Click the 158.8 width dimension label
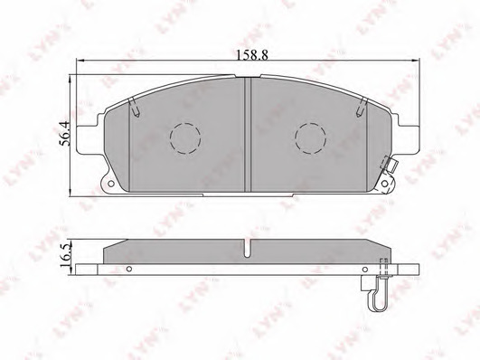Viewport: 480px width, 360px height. pos(252,55)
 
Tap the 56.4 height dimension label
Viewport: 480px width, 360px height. pos(65,133)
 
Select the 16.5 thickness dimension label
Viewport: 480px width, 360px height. pos(65,256)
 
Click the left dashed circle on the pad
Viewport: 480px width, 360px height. pos(185,138)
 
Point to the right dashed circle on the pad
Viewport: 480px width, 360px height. pos(310,138)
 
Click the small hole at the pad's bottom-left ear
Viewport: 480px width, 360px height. pos(111,184)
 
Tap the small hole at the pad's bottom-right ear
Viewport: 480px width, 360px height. pos(384,184)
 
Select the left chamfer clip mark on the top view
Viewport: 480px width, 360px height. pos(135,108)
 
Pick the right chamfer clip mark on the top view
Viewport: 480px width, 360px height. pos(362,108)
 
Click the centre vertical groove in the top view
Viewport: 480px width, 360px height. pos(248,135)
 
